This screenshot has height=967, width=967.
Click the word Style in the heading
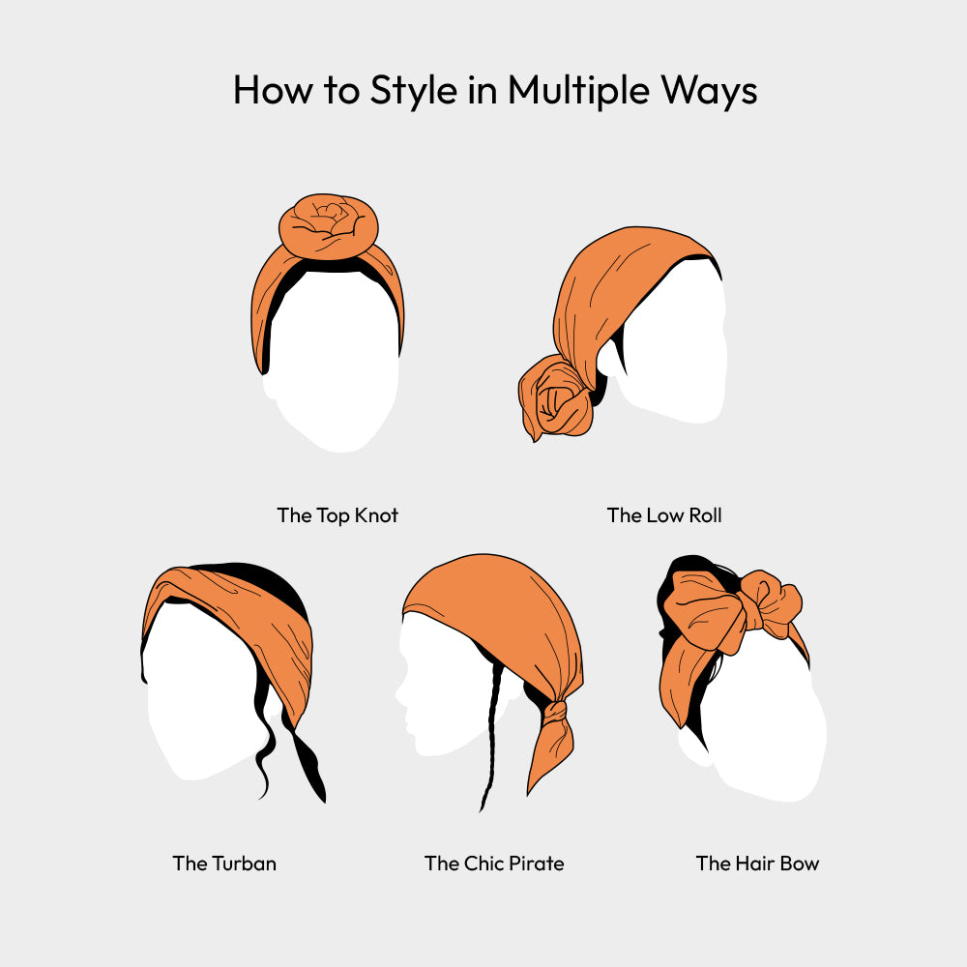coord(413,91)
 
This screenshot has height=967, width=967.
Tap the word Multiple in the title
coord(578,91)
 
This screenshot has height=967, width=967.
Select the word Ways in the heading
coord(709,91)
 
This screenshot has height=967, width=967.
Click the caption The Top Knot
coord(337,515)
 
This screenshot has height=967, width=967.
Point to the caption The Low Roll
coord(664,515)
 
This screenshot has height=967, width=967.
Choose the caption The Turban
coord(224,864)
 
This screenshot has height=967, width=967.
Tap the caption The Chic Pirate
coord(494,864)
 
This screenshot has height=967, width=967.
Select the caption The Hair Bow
coord(757,864)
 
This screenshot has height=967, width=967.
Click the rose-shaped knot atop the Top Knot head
coord(328,225)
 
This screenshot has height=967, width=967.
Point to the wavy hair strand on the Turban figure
coord(263,740)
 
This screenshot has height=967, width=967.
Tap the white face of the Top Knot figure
coord(333,364)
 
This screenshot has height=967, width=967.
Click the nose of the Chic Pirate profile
coord(400,699)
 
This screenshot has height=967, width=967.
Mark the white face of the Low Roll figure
coord(669,345)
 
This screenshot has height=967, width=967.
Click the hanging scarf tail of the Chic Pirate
coord(550,755)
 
